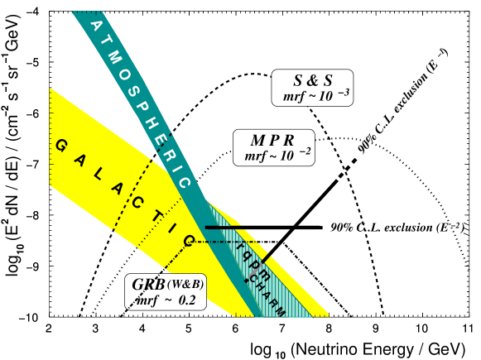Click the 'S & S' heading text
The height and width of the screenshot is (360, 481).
[313, 80]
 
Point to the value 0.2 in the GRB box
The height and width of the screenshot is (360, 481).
[186, 300]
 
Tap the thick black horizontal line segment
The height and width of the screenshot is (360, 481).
[224, 228]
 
